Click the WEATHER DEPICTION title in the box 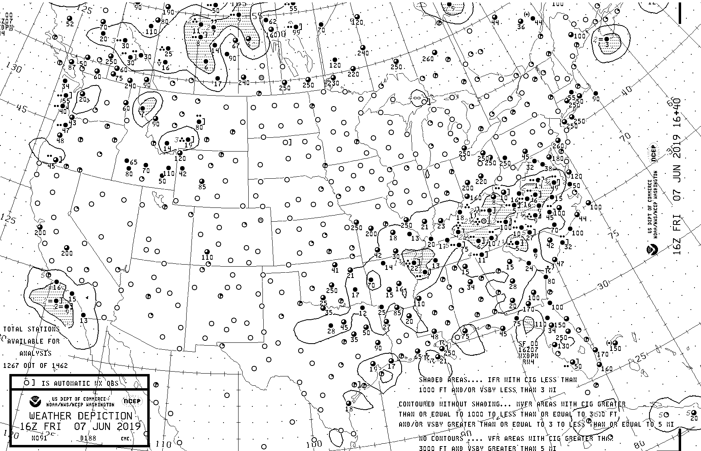click(81, 416)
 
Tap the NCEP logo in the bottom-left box click(131, 402)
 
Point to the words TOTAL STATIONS click(31, 329)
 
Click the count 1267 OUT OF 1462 click(35, 366)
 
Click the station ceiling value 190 click(168, 12)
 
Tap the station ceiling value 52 click(70, 24)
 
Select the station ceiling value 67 click(236, 46)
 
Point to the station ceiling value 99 click(297, 32)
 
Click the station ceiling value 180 click(558, 158)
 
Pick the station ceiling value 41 click(335, 270)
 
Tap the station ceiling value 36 click(521, 27)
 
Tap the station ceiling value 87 click(72, 67)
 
